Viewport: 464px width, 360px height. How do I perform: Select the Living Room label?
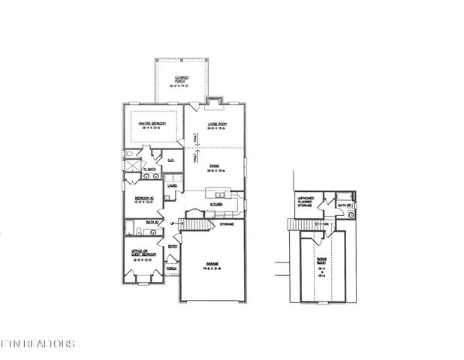tap(217, 125)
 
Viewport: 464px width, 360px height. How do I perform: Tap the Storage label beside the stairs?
tap(226, 224)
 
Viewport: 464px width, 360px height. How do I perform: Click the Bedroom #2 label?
tap(143, 200)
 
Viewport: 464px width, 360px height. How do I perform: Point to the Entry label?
tap(173, 247)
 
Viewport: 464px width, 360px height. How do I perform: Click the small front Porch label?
tap(171, 268)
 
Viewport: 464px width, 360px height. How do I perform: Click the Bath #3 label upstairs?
tap(345, 204)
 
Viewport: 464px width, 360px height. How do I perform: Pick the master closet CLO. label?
tap(170, 160)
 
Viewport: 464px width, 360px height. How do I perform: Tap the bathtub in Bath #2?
tap(131, 227)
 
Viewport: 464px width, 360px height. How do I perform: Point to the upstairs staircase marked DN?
tap(306, 223)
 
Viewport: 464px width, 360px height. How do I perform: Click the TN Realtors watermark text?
tap(38, 344)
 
